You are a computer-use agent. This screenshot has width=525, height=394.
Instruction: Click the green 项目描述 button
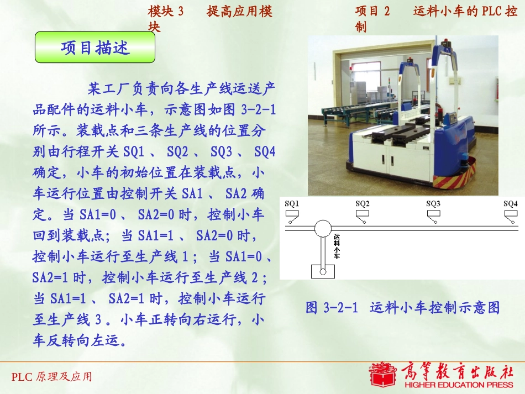pyautogui.click(x=95, y=48)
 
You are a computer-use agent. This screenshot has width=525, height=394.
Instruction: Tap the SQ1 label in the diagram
pyautogui.click(x=292, y=203)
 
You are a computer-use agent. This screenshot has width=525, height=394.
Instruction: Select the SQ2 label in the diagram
pyautogui.click(x=363, y=203)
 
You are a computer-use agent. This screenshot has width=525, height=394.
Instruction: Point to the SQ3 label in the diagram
pyautogui.click(x=433, y=203)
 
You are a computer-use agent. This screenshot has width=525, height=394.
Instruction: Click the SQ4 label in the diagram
pyautogui.click(x=510, y=203)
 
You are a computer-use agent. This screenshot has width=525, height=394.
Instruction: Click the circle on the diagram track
pyautogui.click(x=323, y=227)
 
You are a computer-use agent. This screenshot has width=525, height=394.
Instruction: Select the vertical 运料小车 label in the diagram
pyautogui.click(x=337, y=246)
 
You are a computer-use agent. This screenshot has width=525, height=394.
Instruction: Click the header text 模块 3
pyautogui.click(x=166, y=12)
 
